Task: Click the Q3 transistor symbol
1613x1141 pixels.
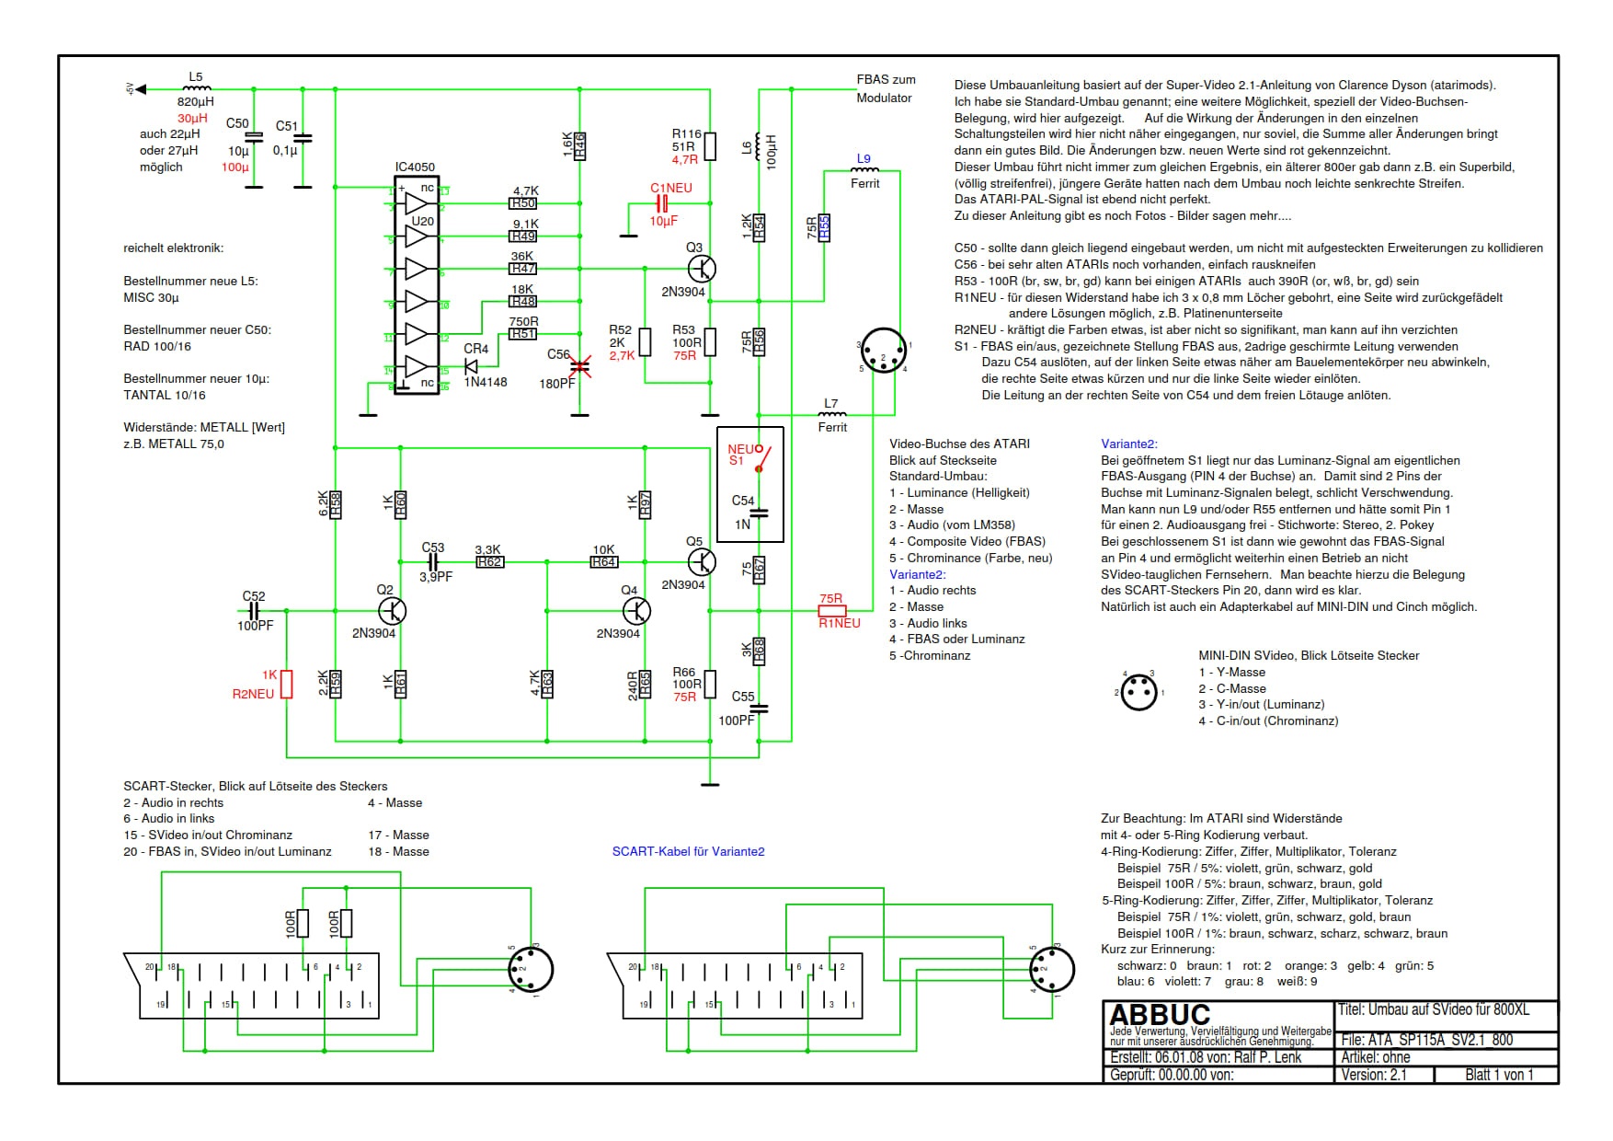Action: click(702, 269)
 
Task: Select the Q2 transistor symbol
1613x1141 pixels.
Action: click(393, 610)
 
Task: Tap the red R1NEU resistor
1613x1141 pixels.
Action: click(832, 610)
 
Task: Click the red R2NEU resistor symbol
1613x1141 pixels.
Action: click(287, 684)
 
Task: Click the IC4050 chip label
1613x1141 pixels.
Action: click(415, 167)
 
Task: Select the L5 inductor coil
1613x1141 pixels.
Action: click(197, 88)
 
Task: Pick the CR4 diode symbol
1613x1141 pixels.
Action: click(472, 365)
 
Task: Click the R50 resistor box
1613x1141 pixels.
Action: click(523, 203)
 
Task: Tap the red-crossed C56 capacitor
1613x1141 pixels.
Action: click(579, 366)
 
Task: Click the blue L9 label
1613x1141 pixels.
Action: click(864, 158)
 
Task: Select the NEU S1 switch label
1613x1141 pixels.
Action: click(739, 455)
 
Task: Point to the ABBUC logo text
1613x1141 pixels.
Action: click(1160, 1015)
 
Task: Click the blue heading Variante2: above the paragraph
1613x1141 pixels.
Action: click(1129, 444)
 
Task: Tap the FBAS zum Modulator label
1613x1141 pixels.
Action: click(886, 88)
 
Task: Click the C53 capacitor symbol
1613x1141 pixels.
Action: click(433, 561)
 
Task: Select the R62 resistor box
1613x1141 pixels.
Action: click(490, 561)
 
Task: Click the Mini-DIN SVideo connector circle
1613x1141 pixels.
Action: click(1138, 690)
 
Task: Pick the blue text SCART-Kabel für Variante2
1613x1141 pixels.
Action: click(688, 851)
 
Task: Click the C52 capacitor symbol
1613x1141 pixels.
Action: click(255, 610)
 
